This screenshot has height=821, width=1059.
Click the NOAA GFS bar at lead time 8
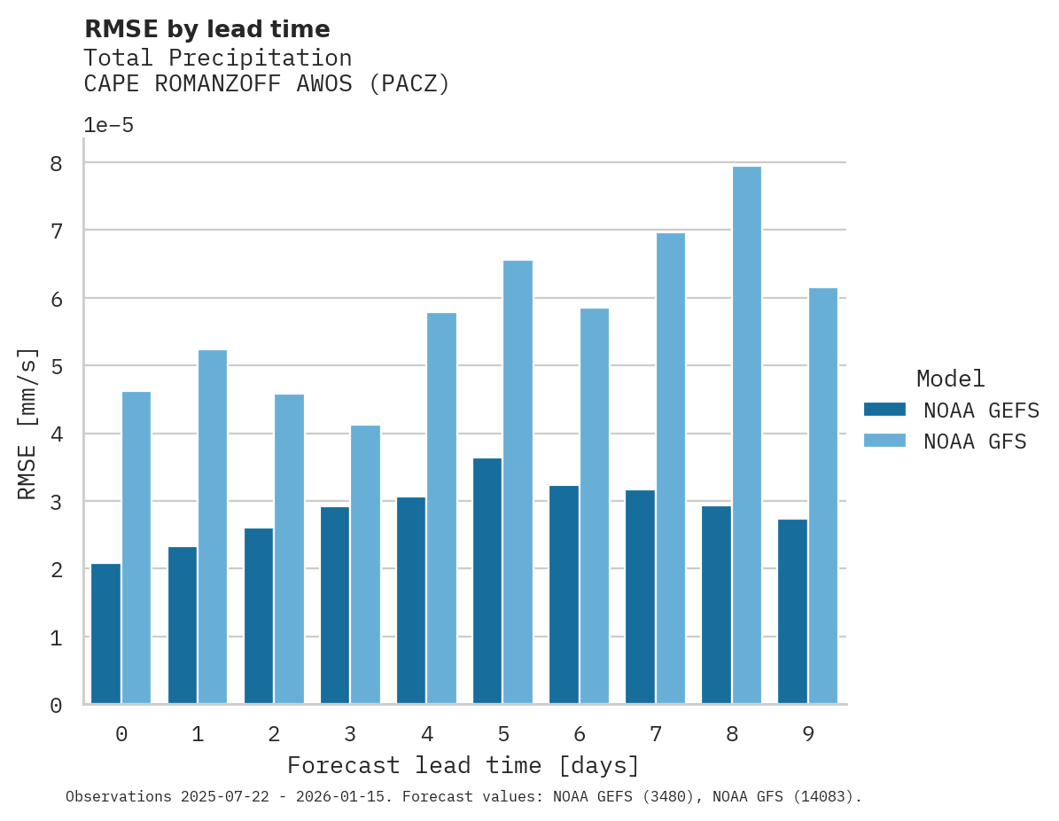coord(746,435)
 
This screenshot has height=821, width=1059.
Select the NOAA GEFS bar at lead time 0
coord(105,634)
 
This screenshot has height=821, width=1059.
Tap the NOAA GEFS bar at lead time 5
coord(487,581)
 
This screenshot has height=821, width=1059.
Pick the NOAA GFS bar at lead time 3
coord(365,565)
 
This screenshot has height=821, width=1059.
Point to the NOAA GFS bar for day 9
coord(822,497)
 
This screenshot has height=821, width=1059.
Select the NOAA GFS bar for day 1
coord(213,528)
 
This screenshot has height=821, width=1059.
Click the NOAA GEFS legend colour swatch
coord(884,410)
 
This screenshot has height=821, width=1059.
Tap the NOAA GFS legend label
coord(975,442)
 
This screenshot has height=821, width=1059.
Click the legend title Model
coord(950,379)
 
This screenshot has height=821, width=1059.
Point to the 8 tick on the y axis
coord(56,163)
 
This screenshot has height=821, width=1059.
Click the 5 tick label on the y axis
coord(56,366)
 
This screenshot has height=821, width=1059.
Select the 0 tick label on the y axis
coord(56,706)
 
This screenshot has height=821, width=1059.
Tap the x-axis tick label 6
coord(580,734)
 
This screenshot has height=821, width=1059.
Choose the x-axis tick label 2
coord(274,734)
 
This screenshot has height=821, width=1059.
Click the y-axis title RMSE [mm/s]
coord(27,423)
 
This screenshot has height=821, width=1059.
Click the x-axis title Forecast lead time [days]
coord(463,765)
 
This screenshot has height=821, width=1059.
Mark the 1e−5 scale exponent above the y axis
coord(108,126)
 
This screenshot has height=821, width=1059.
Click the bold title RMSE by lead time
coord(206,29)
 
